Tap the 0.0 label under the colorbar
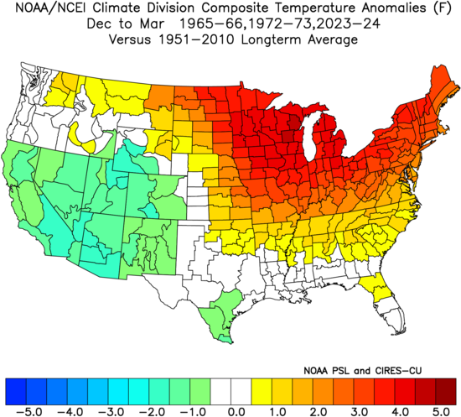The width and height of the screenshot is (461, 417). (237, 411)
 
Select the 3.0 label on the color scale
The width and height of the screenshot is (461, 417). (360, 411)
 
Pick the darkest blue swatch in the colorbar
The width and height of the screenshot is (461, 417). (16, 392)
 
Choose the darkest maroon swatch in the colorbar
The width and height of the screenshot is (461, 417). (446, 392)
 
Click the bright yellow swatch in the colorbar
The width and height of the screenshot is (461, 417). (262, 392)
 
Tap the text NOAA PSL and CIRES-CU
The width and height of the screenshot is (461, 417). (362, 371)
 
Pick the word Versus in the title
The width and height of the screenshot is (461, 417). (130, 39)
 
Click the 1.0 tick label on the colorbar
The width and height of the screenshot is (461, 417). (277, 411)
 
